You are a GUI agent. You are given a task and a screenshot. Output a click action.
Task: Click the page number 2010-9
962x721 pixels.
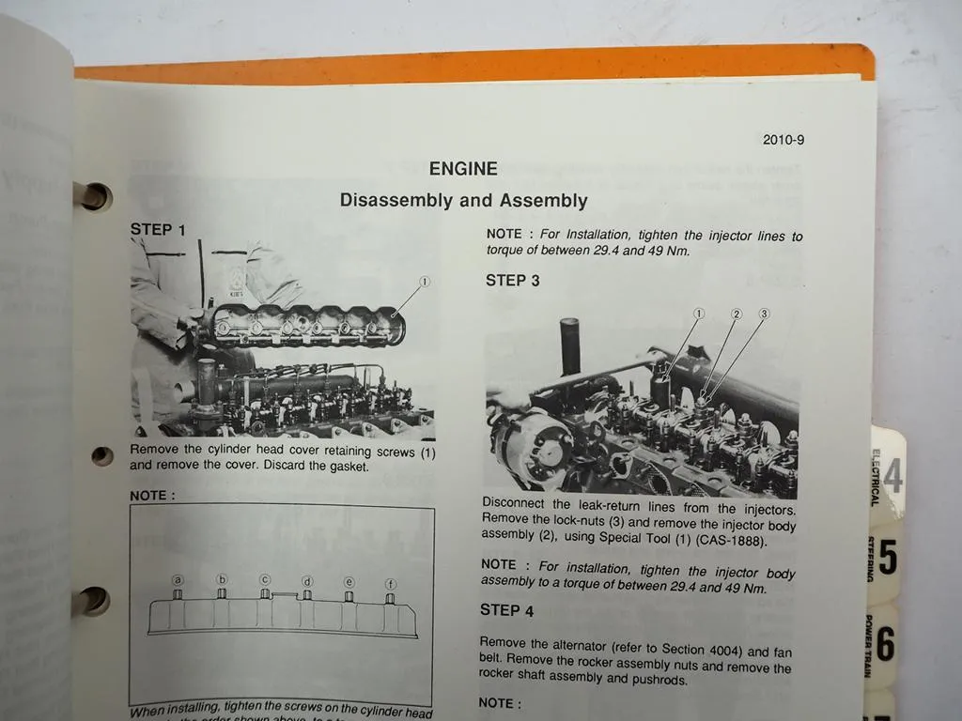[783, 140]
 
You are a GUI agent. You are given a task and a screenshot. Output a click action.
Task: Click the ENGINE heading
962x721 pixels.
[463, 169]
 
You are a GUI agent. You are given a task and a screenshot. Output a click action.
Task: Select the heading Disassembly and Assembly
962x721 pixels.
[463, 200]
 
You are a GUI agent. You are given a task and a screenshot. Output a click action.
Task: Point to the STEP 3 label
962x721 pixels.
[512, 280]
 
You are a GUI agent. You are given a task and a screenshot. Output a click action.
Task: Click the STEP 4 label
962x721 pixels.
[506, 610]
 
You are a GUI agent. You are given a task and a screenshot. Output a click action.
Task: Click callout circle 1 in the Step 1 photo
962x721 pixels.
[424, 281]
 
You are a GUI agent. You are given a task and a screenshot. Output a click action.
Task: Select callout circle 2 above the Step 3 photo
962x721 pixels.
[737, 314]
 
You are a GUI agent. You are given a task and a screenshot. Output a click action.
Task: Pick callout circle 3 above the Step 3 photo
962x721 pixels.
[764, 314]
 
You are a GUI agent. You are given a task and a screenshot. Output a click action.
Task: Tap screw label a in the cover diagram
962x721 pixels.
[178, 580]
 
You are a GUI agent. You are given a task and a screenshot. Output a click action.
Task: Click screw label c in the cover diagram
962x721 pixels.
[265, 579]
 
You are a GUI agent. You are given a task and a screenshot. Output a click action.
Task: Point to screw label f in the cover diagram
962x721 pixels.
[390, 584]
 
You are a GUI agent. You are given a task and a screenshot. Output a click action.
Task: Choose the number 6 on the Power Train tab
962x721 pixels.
[885, 644]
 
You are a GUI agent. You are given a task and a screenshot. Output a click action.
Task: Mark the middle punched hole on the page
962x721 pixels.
[101, 456]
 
